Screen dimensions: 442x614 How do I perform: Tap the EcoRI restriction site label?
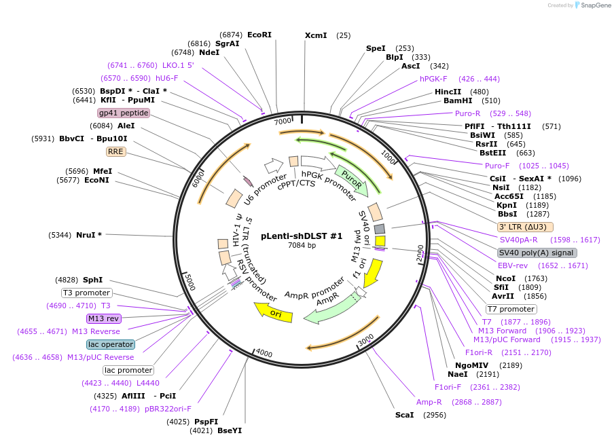(x=259, y=35)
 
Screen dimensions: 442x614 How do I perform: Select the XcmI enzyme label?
(x=316, y=35)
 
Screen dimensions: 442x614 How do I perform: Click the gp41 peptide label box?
(x=124, y=113)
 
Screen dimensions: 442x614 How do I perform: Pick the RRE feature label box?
(x=115, y=152)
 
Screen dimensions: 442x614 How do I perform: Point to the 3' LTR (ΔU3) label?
(x=525, y=227)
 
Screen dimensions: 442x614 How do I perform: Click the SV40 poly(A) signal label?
(x=537, y=253)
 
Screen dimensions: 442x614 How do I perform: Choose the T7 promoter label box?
(x=511, y=309)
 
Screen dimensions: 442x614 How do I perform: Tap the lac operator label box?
(x=111, y=344)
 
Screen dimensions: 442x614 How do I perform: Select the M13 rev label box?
(x=103, y=318)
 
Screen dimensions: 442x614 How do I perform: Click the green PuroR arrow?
(x=352, y=180)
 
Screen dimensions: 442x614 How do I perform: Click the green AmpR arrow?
(x=330, y=307)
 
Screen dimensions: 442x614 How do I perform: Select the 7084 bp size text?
(x=302, y=245)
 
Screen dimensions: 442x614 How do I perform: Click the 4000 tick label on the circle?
(x=264, y=354)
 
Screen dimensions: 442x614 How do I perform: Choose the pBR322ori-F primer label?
(x=168, y=409)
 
